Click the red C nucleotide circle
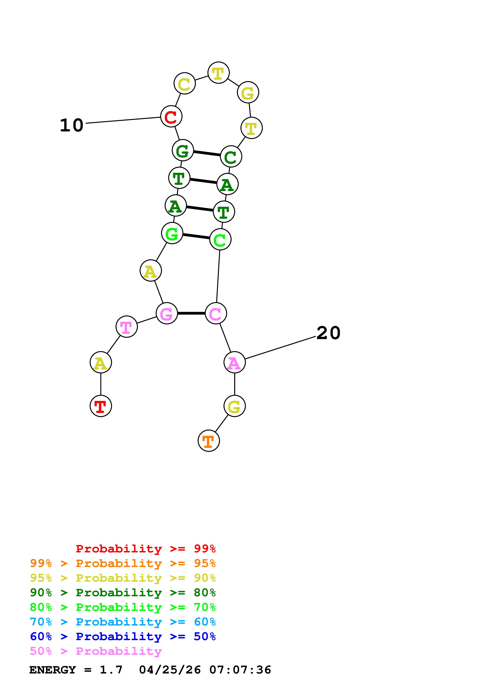[171, 116]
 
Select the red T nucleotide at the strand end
[101, 406]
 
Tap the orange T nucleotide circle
[209, 441]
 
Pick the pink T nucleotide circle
[127, 327]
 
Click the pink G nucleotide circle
[167, 313]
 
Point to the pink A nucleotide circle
[235, 362]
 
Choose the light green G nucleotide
[172, 233]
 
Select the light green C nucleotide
[220, 239]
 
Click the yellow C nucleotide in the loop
[185, 83]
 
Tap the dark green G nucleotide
[183, 150]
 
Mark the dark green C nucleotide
[231, 156]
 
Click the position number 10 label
[72, 125]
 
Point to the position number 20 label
[328, 333]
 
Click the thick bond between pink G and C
[191, 313]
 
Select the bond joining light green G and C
[196, 236]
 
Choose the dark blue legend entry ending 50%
[123, 637]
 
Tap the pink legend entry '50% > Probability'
[96, 651]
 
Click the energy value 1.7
[111, 670]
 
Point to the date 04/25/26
[170, 670]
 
